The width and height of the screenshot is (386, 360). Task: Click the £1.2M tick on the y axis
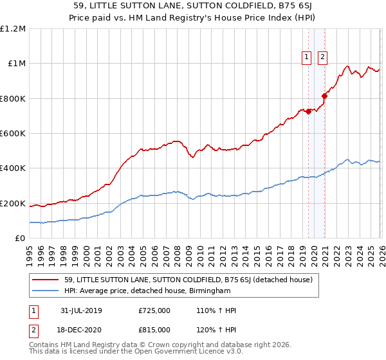(x=13, y=29)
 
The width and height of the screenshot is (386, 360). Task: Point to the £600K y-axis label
(x=13, y=134)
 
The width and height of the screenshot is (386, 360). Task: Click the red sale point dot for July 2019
(x=308, y=111)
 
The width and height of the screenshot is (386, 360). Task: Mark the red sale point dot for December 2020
(x=324, y=96)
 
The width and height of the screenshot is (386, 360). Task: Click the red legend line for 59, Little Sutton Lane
(x=46, y=280)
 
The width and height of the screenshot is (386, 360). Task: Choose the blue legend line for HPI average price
(x=46, y=291)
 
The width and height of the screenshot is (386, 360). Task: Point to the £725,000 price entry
(x=154, y=310)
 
